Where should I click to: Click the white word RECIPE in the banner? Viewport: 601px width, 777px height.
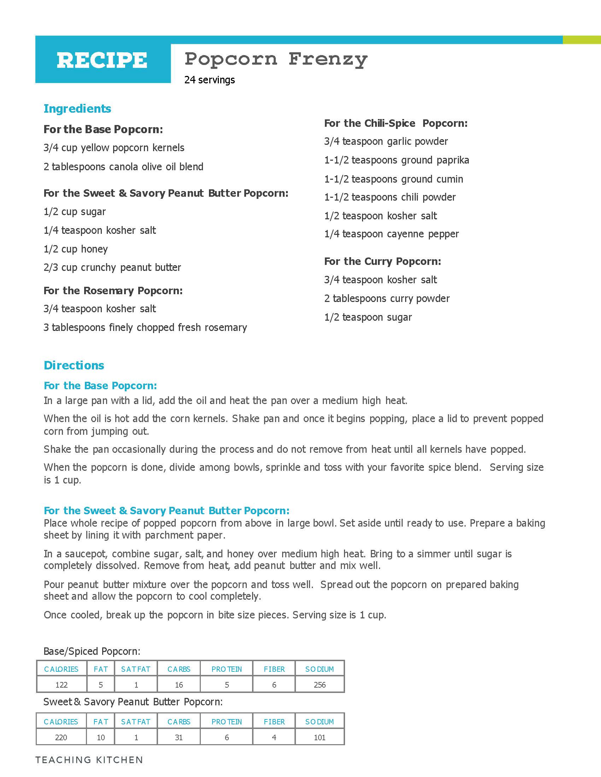tap(102, 60)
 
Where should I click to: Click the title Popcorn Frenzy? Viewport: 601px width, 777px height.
tap(276, 59)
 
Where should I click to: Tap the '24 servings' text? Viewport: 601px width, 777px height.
tap(209, 80)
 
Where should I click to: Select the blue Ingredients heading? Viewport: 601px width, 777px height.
tap(77, 108)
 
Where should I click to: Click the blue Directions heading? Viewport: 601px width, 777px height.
tap(74, 366)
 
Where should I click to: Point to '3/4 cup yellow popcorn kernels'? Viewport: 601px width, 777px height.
tap(114, 148)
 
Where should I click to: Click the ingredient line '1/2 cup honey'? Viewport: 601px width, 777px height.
tap(76, 249)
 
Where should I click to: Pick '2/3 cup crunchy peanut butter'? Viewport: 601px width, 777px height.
tap(112, 268)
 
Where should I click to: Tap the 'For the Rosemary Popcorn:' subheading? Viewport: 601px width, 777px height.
tap(113, 291)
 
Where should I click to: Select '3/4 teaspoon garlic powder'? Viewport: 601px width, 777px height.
tap(386, 142)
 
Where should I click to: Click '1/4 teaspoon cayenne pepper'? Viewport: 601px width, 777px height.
tap(391, 234)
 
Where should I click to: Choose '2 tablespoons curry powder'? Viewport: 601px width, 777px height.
tap(387, 298)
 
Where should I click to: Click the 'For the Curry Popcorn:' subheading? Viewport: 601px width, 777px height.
tap(383, 261)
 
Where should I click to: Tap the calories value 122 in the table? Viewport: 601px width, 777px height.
tap(61, 685)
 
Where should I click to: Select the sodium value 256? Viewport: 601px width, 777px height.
tap(319, 685)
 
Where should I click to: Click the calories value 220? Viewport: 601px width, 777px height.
tap(61, 737)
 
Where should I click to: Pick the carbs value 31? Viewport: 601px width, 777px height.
tap(179, 737)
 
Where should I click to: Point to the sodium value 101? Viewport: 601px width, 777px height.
tap(319, 737)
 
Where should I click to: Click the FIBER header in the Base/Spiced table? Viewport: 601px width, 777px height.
tap(274, 669)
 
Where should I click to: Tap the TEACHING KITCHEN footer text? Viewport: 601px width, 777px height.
tap(89, 760)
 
